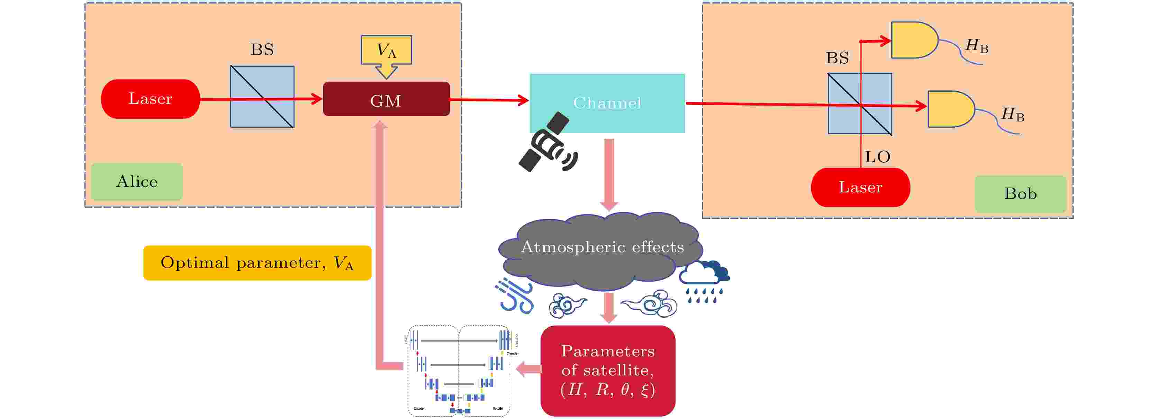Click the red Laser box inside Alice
(150, 99)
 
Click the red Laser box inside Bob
(860, 187)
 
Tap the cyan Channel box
(607, 103)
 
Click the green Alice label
(137, 182)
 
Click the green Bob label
(1020, 194)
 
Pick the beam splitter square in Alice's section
(262, 97)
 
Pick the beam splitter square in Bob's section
(860, 104)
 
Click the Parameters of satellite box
(607, 371)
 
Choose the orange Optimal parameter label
(257, 263)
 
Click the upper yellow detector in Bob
(914, 40)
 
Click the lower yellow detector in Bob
(950, 109)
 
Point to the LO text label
(877, 157)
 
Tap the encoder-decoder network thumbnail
(459, 371)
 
